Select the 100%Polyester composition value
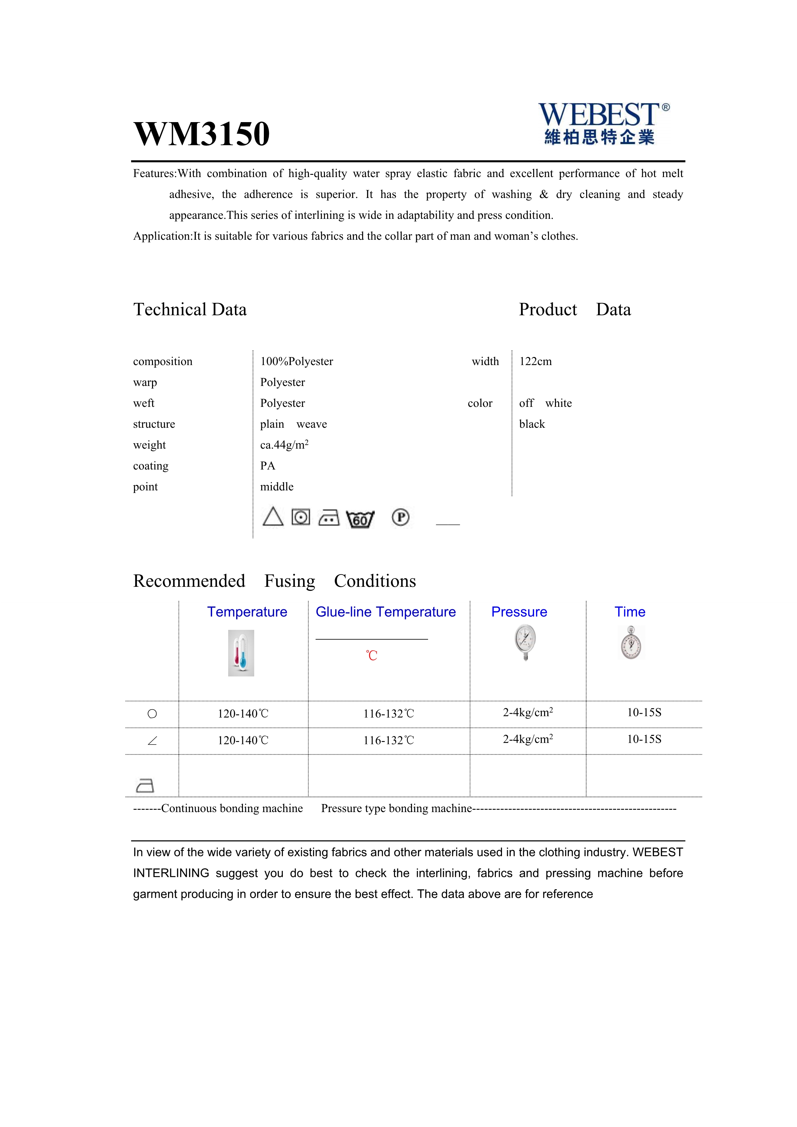296,362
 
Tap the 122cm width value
535,362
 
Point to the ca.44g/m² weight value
284,445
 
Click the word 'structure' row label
154,424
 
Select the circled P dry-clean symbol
400,517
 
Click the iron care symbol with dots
329,518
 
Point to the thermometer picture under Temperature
241,653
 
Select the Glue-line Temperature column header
386,612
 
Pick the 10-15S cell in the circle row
644,713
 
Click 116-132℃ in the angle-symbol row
389,741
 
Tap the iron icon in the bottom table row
145,785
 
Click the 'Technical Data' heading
190,310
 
